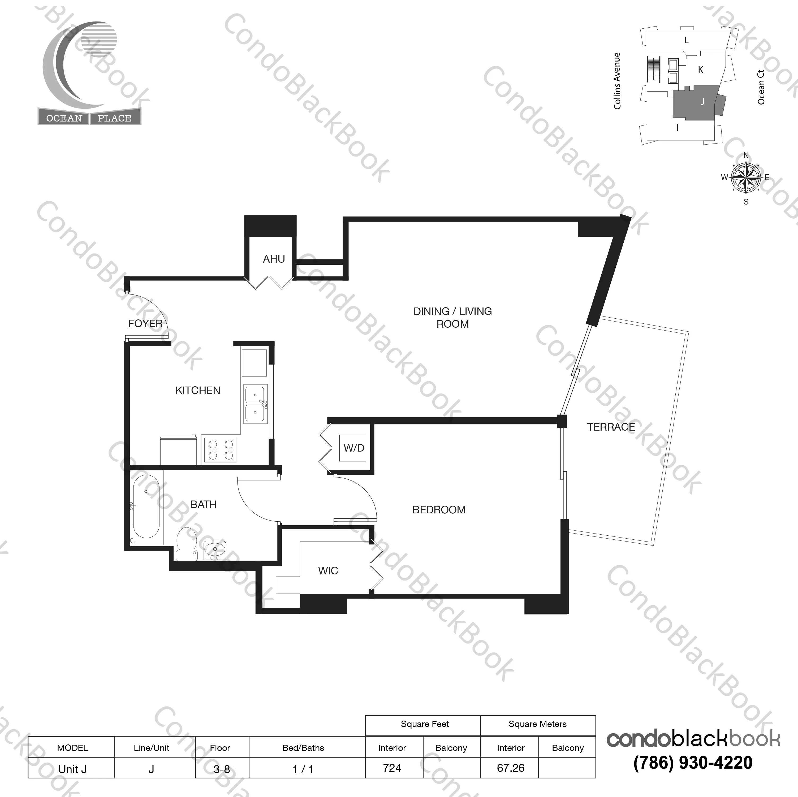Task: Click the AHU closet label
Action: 274,259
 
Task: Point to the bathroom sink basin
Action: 215,551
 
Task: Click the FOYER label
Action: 145,323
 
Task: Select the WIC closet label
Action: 328,571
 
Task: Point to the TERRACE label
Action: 611,427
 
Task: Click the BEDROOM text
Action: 439,510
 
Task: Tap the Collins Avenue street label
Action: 617,81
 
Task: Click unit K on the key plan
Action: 701,70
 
